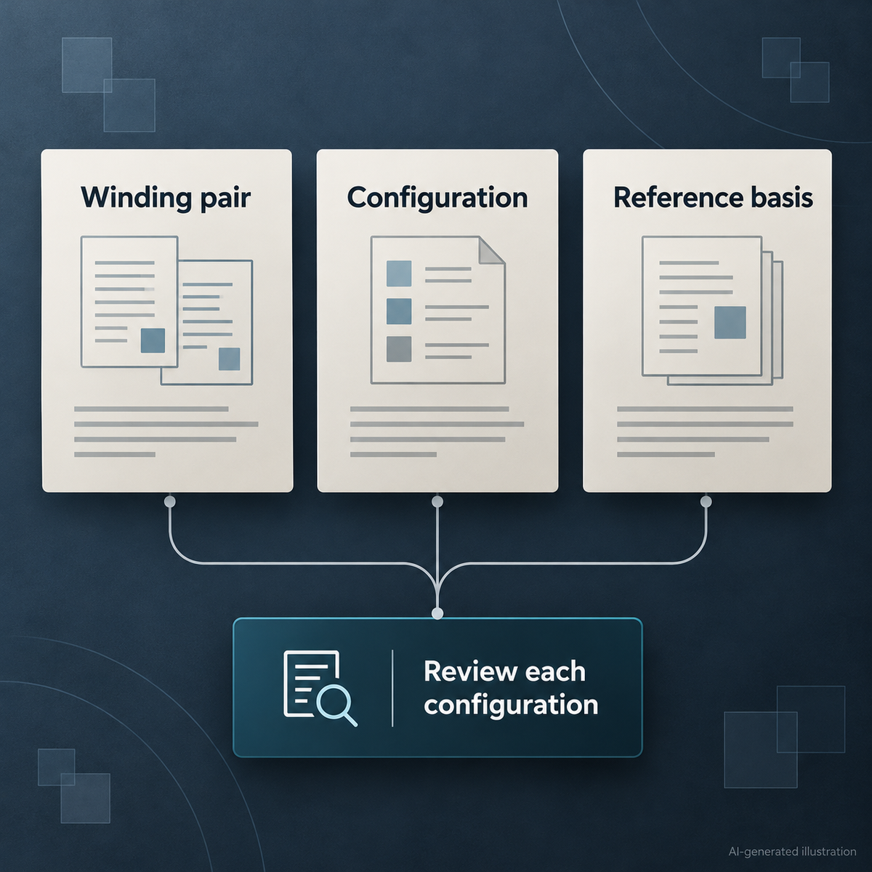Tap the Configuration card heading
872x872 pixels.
[x=437, y=198]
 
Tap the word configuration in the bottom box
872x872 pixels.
[x=511, y=706]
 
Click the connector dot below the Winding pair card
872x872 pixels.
[x=170, y=501]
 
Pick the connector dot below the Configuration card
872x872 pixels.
[x=437, y=501]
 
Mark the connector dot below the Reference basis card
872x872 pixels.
[x=706, y=501]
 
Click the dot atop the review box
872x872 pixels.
[x=437, y=613]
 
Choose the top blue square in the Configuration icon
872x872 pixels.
[x=399, y=273]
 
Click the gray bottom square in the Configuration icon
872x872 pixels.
[x=399, y=349]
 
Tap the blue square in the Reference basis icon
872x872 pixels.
[x=730, y=322]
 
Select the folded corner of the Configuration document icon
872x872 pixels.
[x=491, y=250]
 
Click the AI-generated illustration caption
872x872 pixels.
[x=792, y=852]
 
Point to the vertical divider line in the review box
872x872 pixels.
[x=392, y=688]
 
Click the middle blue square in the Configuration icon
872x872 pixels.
[x=399, y=311]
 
